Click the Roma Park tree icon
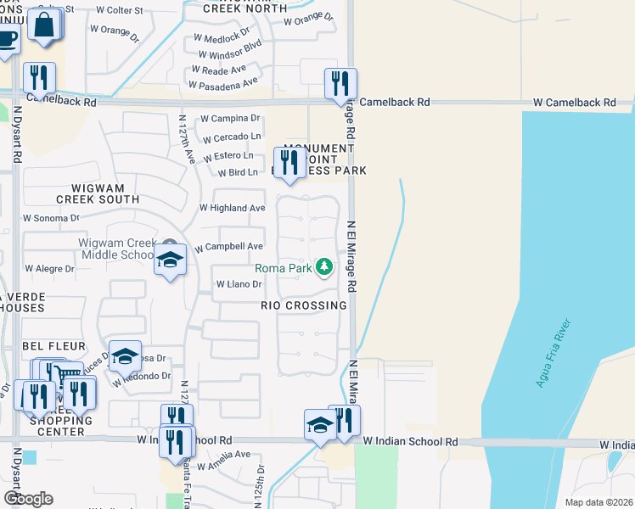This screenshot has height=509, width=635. tap(323, 267)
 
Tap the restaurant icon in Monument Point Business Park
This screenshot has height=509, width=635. tap(289, 161)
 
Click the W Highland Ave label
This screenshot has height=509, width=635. tap(232, 208)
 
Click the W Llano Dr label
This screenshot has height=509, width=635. tap(239, 285)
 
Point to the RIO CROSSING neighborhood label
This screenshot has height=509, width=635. tap(304, 305)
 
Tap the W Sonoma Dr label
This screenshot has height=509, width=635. tap(51, 218)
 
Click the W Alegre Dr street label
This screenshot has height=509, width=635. tap(50, 268)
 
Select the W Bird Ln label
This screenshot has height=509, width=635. tap(238, 173)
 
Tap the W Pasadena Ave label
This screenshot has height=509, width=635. tap(223, 85)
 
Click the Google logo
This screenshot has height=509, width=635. tap(28, 499)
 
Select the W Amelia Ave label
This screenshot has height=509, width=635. tap(223, 455)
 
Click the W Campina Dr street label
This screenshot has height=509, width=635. tap(229, 119)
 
